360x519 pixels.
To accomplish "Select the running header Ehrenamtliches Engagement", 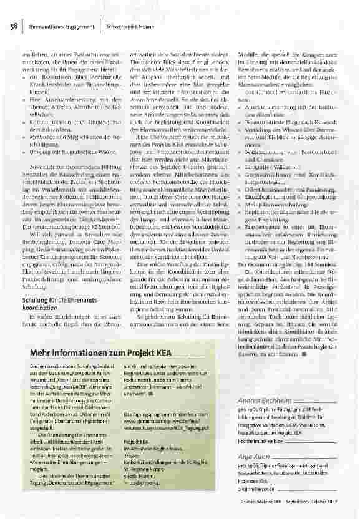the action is (57, 27).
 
